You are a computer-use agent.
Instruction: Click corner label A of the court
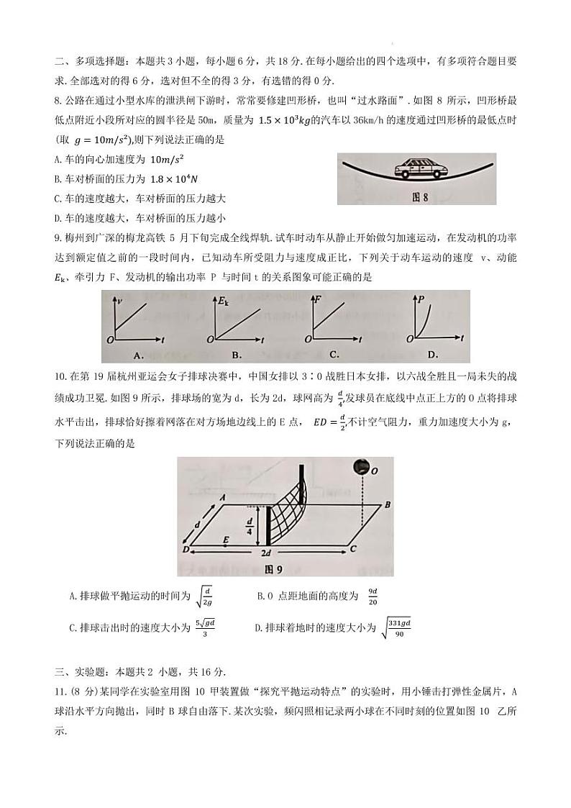[x=223, y=497]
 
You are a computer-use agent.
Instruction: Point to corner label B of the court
[x=387, y=505]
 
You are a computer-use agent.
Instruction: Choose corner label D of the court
[x=186, y=550]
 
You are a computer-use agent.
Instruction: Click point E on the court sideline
[x=226, y=539]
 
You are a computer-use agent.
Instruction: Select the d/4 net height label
[x=250, y=526]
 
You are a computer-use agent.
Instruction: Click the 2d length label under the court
[x=265, y=553]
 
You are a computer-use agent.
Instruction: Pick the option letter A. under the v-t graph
[x=139, y=354]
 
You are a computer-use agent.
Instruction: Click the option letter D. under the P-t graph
[x=432, y=354]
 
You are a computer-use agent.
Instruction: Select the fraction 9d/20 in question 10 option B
[x=373, y=596]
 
